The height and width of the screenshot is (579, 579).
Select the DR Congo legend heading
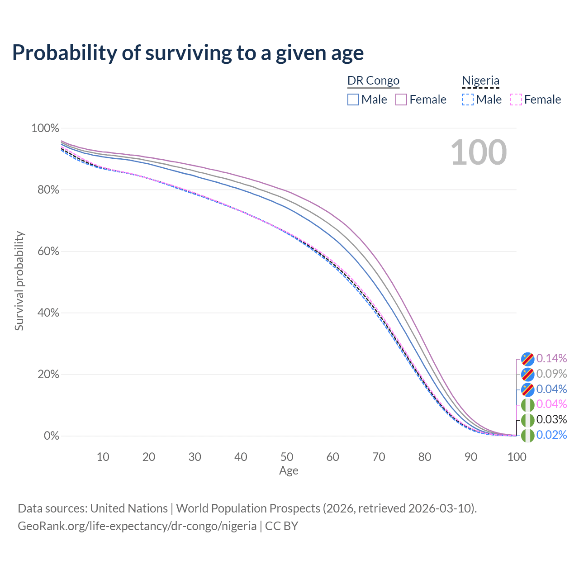coord(373,81)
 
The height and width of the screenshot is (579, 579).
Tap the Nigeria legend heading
coord(480,81)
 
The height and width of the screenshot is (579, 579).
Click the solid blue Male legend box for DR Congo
coord(353,100)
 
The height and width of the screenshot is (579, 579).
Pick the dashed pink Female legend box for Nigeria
coord(516,100)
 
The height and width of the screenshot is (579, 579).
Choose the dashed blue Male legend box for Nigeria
coord(468,100)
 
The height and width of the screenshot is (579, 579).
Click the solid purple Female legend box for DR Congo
coord(401,100)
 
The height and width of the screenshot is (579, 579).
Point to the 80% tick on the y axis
coord(48,190)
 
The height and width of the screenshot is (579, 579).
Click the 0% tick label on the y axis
coord(52,436)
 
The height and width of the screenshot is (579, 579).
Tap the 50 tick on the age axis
coord(287,457)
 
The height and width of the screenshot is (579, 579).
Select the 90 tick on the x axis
coord(470,457)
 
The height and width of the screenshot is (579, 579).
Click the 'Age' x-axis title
coord(289,471)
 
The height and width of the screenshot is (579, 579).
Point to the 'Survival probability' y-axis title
coord(19,281)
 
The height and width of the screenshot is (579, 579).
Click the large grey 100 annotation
coord(479,152)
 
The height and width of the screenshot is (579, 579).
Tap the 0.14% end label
coord(551,358)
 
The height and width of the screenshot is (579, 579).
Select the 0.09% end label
coord(551,374)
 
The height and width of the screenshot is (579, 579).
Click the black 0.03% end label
coord(551,419)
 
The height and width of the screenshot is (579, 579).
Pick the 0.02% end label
coord(551,434)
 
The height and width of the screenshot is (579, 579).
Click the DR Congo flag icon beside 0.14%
coord(527,359)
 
